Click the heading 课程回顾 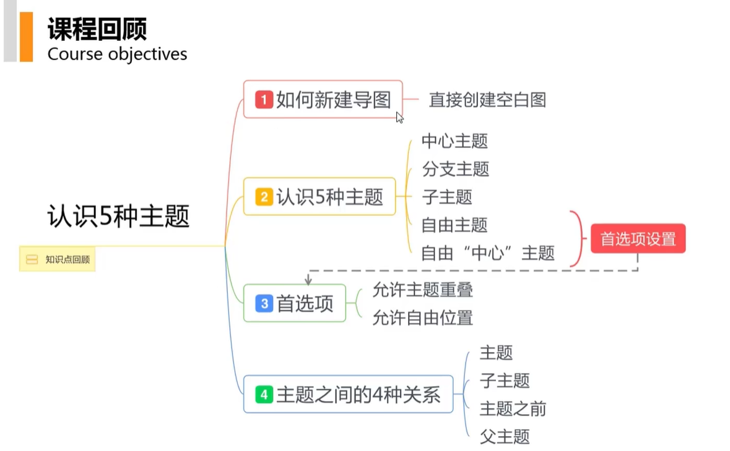pyautogui.click(x=97, y=29)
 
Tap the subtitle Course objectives pyautogui.click(x=117, y=54)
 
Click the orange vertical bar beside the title pyautogui.click(x=26, y=37)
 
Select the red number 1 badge pyautogui.click(x=264, y=100)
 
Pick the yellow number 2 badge pyautogui.click(x=264, y=197)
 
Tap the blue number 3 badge pyautogui.click(x=264, y=304)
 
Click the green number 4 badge pyautogui.click(x=264, y=395)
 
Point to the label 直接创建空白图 pyautogui.click(x=487, y=100)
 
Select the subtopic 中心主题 pyautogui.click(x=454, y=141)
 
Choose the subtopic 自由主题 pyautogui.click(x=454, y=225)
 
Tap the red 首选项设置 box pyautogui.click(x=638, y=239)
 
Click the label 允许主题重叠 pyautogui.click(x=422, y=290)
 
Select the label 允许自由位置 pyautogui.click(x=422, y=318)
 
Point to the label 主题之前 pyautogui.click(x=513, y=408)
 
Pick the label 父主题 pyautogui.click(x=505, y=436)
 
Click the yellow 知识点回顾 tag pyautogui.click(x=58, y=260)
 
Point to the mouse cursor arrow pyautogui.click(x=399, y=117)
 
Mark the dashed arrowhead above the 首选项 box pyautogui.click(x=308, y=281)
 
